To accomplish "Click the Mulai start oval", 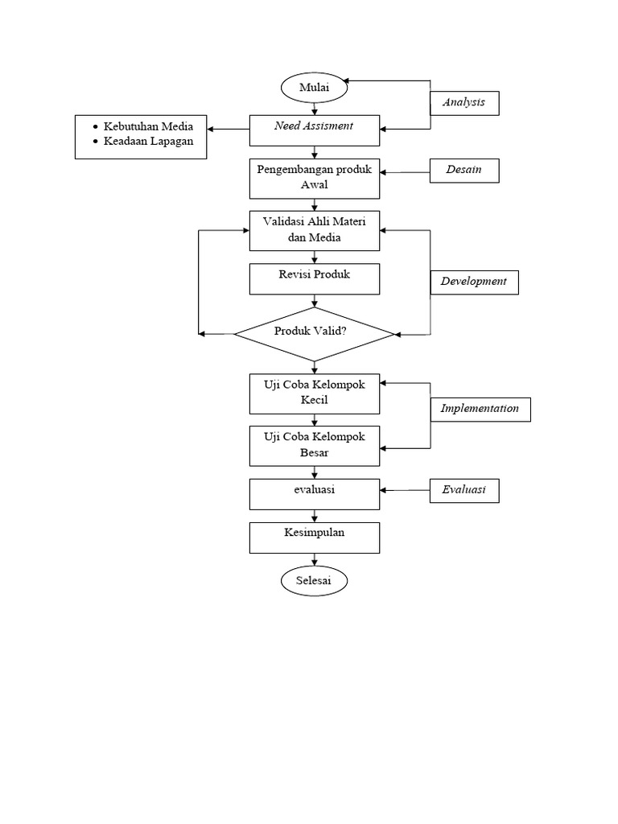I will [x=314, y=89].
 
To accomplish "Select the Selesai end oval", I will [x=314, y=580].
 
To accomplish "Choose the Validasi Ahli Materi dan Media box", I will [x=314, y=231].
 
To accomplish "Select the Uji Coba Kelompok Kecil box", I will [x=314, y=393].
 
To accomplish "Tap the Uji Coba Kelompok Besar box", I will [x=314, y=445].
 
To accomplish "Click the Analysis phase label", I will [x=463, y=104].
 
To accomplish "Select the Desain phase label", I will [x=463, y=171].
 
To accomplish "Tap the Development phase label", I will [x=474, y=282].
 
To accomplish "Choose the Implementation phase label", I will [x=480, y=410].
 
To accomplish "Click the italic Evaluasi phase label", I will [x=463, y=490].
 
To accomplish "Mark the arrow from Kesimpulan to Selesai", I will [x=314, y=561].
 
